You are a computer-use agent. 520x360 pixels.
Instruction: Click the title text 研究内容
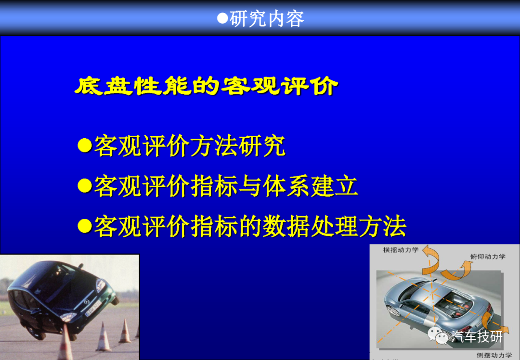click(267, 19)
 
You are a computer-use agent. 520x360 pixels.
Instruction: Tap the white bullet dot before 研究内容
click(222, 18)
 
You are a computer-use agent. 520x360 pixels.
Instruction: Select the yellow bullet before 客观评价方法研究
click(85, 145)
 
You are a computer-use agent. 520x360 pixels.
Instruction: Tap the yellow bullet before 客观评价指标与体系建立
click(85, 186)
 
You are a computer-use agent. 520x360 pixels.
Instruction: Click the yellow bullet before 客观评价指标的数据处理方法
click(85, 226)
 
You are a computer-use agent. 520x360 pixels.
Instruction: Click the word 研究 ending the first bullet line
click(261, 145)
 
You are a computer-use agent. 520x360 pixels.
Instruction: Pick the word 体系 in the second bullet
click(286, 186)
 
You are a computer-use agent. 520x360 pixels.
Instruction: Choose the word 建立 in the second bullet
click(334, 186)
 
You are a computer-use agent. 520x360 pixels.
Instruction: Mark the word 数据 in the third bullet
click(286, 226)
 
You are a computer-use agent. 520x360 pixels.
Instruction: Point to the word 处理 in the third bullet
click(334, 226)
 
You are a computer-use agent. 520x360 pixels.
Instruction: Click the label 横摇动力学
click(401, 250)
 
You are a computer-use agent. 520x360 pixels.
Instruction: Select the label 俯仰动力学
click(487, 257)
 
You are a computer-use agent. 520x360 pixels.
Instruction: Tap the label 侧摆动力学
click(494, 355)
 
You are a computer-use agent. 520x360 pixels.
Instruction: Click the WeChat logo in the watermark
click(438, 335)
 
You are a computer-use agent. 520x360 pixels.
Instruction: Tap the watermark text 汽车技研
click(477, 336)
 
